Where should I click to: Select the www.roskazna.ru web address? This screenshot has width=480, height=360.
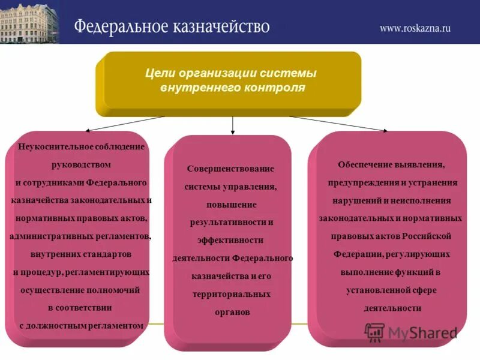(x=415, y=28)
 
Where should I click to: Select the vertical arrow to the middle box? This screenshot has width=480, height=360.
(x=232, y=124)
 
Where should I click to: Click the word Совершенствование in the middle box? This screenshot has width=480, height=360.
(x=230, y=169)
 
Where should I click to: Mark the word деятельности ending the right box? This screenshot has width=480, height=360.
(x=392, y=308)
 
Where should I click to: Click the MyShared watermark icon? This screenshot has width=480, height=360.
(x=374, y=331)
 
